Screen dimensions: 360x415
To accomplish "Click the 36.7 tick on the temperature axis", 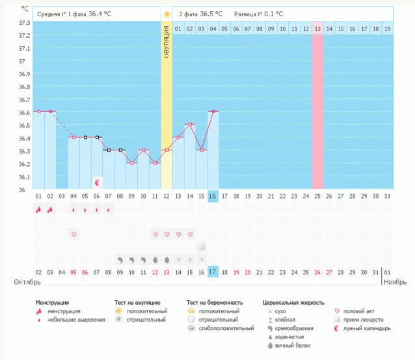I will (24, 100).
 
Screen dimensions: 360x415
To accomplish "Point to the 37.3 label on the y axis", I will (24, 22).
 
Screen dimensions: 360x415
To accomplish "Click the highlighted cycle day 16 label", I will (212, 196).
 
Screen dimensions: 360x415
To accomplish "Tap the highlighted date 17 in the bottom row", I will (212, 272).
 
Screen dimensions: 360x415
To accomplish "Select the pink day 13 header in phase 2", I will (317, 29).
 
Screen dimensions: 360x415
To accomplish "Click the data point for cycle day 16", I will (213, 111).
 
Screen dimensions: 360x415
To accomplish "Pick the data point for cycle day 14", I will (189, 124).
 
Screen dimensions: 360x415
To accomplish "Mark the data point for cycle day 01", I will (39, 111).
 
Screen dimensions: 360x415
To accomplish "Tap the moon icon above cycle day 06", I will (98, 183).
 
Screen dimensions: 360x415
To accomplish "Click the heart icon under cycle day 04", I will (74, 234).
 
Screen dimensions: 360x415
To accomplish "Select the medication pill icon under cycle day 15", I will (201, 247).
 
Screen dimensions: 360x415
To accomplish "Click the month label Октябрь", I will (28, 283).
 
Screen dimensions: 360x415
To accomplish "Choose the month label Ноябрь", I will (395, 283).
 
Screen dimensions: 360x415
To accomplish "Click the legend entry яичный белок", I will (290, 345).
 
